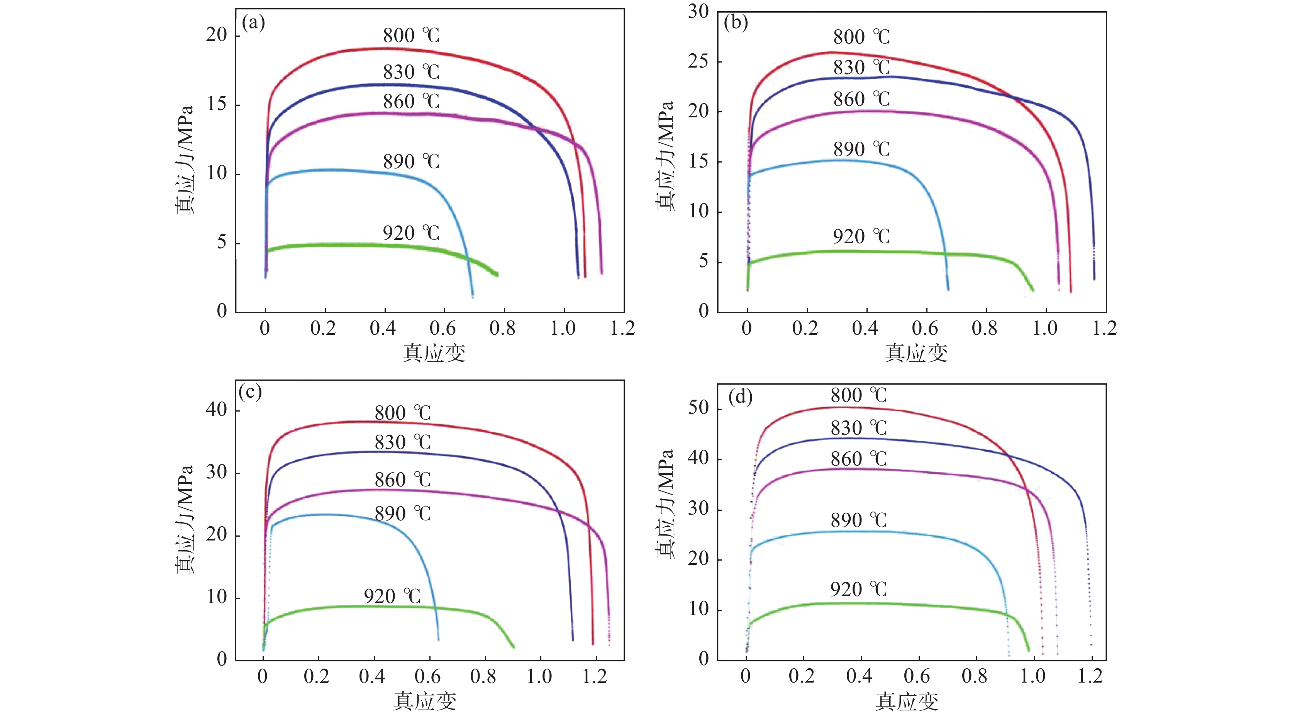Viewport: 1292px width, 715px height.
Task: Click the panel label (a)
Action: (x=253, y=23)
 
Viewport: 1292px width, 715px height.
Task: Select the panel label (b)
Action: (x=736, y=23)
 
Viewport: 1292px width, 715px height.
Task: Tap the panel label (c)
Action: (x=250, y=393)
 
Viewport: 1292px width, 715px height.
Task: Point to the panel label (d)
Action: (x=740, y=397)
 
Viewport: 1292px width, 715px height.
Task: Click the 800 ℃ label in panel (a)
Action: (x=411, y=36)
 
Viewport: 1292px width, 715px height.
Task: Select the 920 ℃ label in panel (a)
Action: (x=411, y=233)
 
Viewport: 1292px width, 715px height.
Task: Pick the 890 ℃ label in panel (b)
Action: (x=861, y=149)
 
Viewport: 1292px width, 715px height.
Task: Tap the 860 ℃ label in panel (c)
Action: (x=403, y=480)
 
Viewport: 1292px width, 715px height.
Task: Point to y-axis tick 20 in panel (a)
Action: (x=216, y=35)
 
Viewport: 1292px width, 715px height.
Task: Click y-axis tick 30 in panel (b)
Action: (x=698, y=11)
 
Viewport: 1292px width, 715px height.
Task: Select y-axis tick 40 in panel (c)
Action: (x=216, y=410)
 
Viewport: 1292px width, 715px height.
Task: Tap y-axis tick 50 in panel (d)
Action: (x=698, y=408)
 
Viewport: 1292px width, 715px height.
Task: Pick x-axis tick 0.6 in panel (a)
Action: (x=443, y=329)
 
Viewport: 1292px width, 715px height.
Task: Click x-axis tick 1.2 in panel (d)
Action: (x=1090, y=676)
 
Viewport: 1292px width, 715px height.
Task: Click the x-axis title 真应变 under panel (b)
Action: (x=916, y=353)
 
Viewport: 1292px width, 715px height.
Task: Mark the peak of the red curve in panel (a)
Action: (x=386, y=49)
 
